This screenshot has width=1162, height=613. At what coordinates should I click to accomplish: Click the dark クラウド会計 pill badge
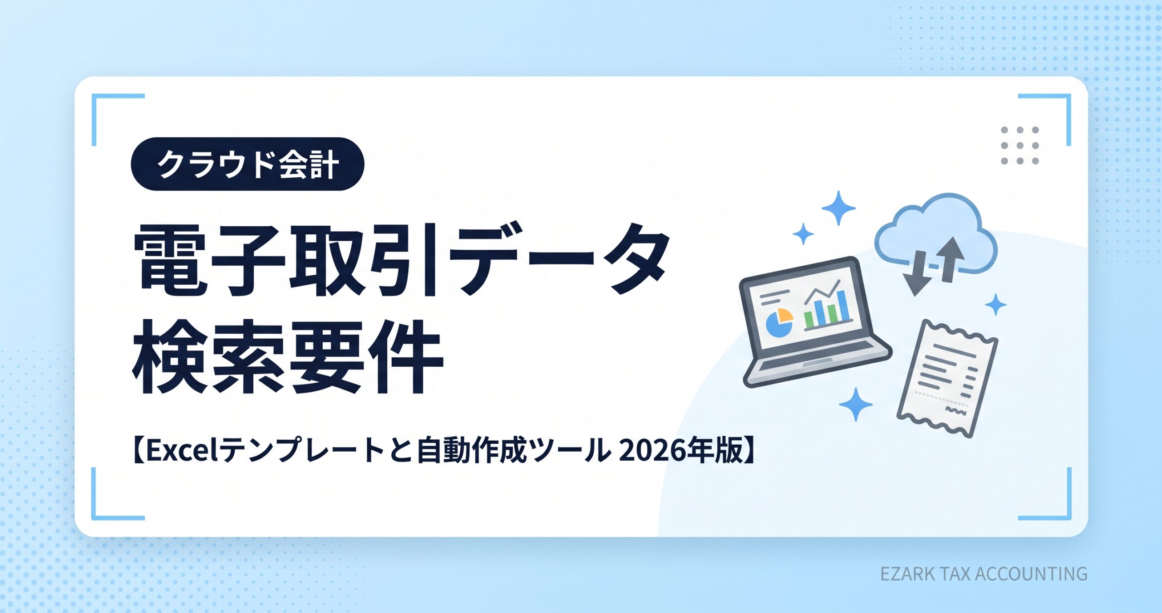click(x=247, y=164)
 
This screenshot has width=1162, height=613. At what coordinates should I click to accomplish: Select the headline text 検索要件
click(x=287, y=356)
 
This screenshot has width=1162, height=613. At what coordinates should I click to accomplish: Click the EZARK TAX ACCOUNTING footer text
click(x=984, y=574)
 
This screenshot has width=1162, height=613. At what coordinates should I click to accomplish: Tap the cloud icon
click(x=936, y=233)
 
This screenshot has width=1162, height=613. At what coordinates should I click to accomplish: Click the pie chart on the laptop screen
click(x=779, y=322)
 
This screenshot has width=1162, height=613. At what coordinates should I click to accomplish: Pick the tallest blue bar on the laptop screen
click(x=843, y=306)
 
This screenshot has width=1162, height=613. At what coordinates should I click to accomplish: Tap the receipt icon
click(x=947, y=379)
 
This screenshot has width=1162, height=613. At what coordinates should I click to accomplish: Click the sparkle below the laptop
click(x=856, y=404)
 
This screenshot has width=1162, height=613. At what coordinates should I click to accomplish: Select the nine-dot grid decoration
click(x=1020, y=146)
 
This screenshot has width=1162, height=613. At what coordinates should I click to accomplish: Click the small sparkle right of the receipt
click(x=996, y=305)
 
